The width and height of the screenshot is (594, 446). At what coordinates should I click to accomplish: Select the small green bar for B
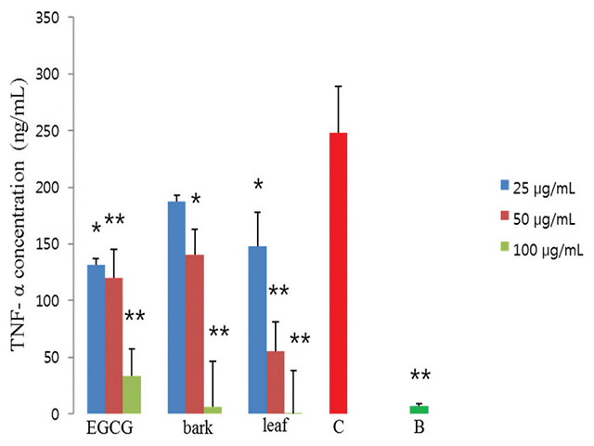(x=420, y=410)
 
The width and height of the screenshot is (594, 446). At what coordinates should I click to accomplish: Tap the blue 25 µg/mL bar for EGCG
(x=96, y=339)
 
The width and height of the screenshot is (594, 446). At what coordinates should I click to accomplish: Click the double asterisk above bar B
(x=420, y=376)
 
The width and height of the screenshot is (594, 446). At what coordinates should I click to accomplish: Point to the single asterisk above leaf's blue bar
(x=258, y=186)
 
